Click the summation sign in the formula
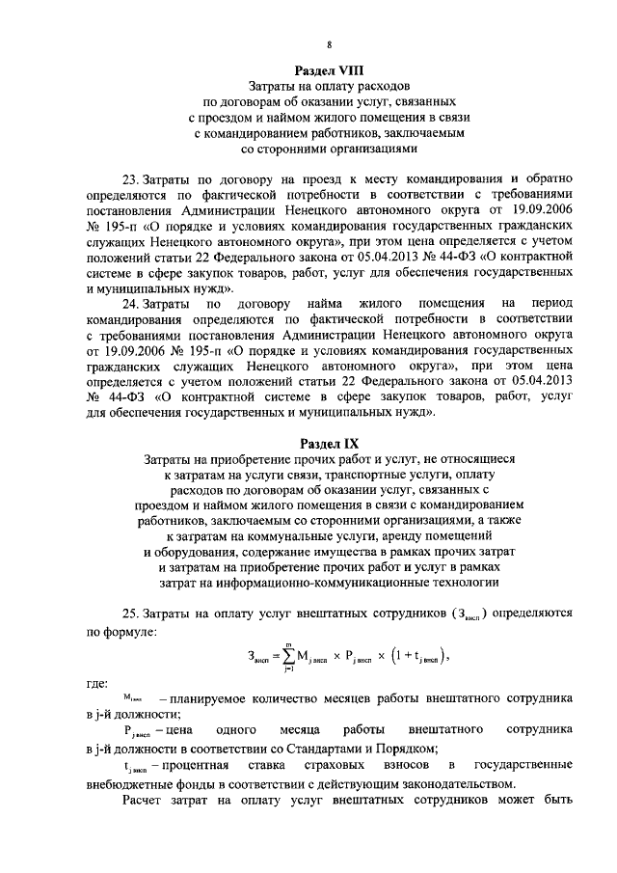pos(286,658)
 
